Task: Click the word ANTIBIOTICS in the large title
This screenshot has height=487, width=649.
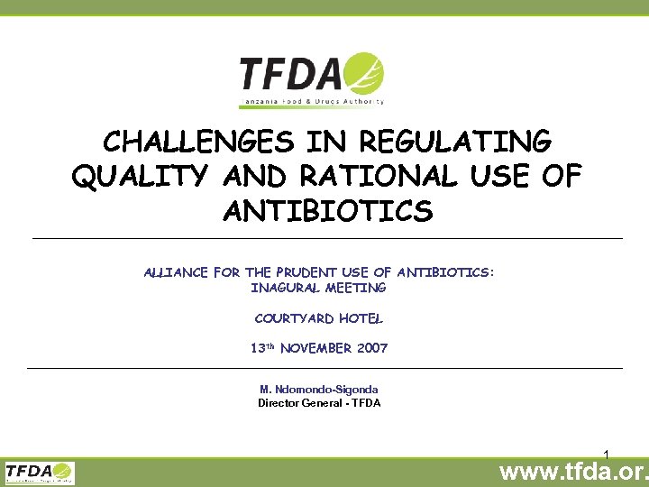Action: pos(326,213)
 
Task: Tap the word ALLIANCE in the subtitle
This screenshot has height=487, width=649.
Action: pos(175,272)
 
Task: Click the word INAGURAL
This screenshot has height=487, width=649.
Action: pos(283,288)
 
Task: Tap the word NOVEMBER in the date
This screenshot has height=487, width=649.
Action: pos(315,348)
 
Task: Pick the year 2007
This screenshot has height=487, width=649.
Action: pos(371,348)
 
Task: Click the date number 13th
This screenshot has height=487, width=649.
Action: pos(262,348)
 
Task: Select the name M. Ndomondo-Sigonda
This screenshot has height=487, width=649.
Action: pos(319,390)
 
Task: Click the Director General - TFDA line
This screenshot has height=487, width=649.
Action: pos(319,403)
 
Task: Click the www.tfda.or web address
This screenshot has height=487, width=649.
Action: pos(573,472)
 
